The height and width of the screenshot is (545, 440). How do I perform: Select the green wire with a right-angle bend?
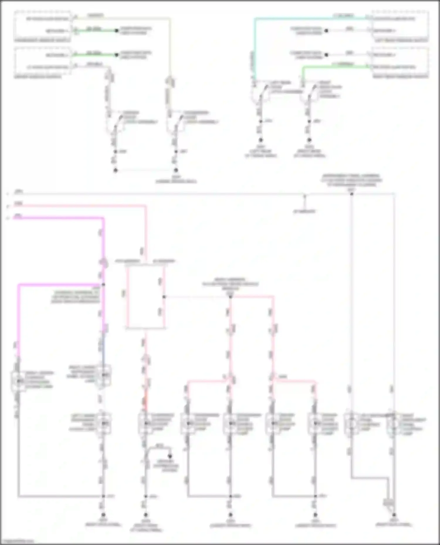click(334, 67)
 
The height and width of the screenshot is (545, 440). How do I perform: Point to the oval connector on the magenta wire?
click(104, 263)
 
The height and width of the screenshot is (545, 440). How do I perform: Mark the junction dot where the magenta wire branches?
click(103, 284)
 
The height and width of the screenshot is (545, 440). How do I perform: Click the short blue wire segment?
click(103, 348)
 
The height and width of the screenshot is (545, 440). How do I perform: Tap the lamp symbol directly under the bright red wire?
click(145, 423)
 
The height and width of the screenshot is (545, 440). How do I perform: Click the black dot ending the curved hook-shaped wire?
click(170, 456)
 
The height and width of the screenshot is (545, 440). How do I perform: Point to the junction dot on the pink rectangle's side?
click(164, 297)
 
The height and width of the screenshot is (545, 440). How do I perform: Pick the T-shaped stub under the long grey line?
click(304, 202)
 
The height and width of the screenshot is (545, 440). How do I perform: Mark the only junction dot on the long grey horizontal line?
click(351, 194)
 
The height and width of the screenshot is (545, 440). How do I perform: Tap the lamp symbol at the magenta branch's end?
click(18, 381)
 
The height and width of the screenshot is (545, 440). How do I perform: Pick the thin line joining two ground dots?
click(145, 170)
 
